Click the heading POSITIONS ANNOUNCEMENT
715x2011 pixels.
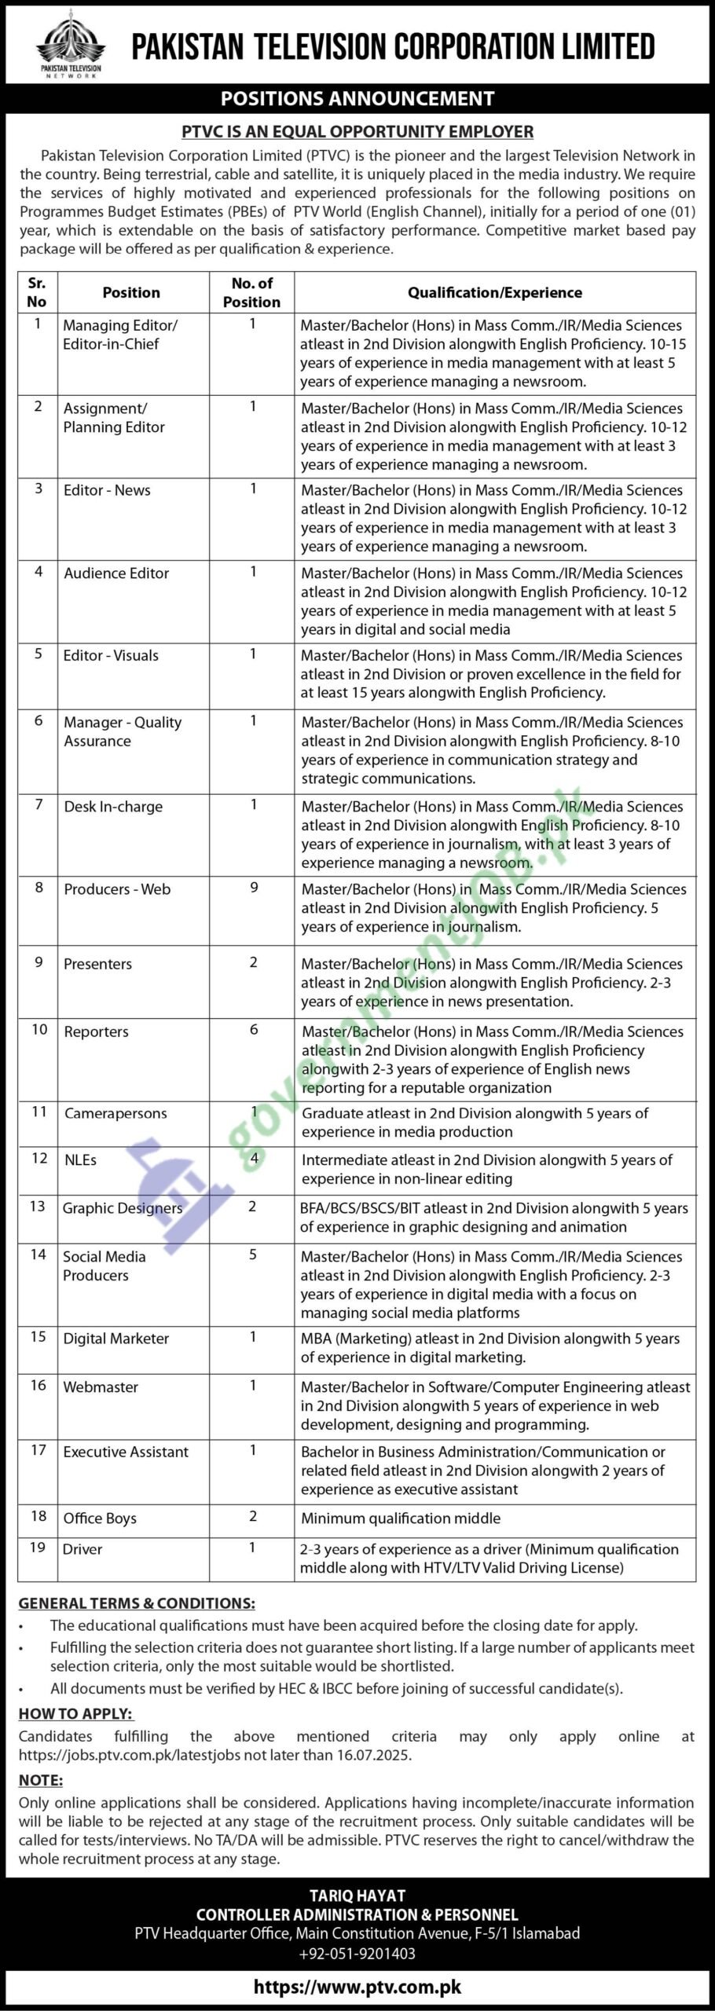[x=357, y=98]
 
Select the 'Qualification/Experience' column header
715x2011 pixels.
[x=494, y=292]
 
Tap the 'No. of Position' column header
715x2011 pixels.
[x=251, y=292]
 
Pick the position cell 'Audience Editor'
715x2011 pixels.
[x=116, y=573]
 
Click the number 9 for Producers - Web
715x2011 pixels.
[x=254, y=888]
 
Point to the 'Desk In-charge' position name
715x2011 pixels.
[x=113, y=806]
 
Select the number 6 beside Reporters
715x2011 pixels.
[x=254, y=1030]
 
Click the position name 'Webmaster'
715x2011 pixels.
[x=101, y=1386]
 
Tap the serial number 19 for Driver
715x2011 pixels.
[x=38, y=1548]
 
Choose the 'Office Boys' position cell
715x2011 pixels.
[x=100, y=1518]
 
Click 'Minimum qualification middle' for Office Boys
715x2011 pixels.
[x=401, y=1518]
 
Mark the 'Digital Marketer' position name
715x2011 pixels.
[x=116, y=1339]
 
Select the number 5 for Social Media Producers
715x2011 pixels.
[x=253, y=1255]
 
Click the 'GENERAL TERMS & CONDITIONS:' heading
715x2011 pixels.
[x=137, y=1603]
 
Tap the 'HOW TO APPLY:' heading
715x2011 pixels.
[x=76, y=1714]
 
